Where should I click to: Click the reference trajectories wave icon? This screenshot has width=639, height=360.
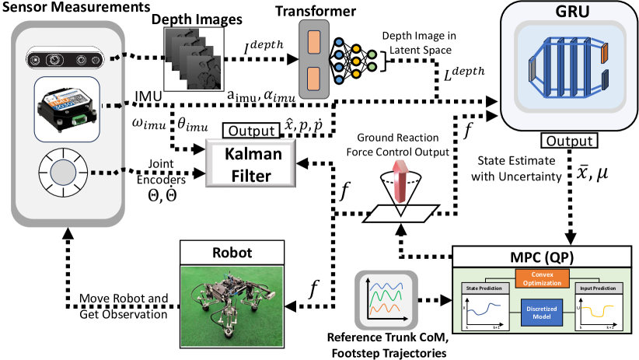coord(386,300)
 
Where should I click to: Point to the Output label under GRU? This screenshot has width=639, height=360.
coord(567,142)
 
